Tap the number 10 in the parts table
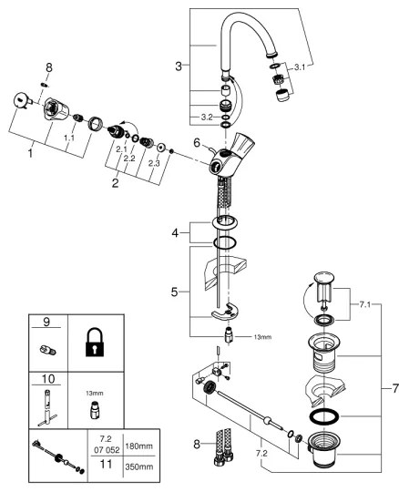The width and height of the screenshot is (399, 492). [x=46, y=378]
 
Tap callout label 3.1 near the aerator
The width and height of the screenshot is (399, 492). [x=302, y=66]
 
